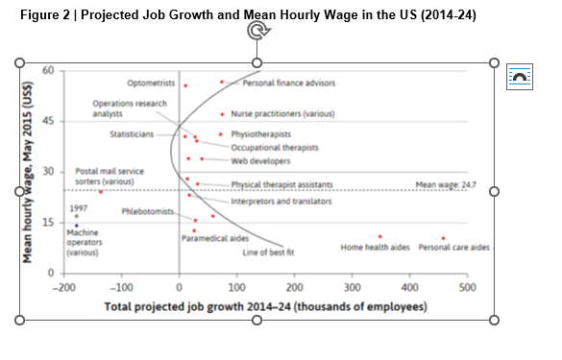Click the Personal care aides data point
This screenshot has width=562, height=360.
[x=443, y=238]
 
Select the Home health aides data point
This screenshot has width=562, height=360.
[x=380, y=236]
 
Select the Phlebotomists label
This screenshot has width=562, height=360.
[x=148, y=211]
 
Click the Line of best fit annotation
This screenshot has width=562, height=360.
[x=268, y=252]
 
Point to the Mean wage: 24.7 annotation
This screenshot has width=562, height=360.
[x=445, y=183]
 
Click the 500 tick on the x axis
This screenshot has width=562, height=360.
[x=467, y=287]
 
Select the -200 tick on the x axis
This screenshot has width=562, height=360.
[x=64, y=287]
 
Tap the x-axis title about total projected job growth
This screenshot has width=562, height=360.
[x=265, y=307]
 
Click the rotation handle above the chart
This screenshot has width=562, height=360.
[x=256, y=31]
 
